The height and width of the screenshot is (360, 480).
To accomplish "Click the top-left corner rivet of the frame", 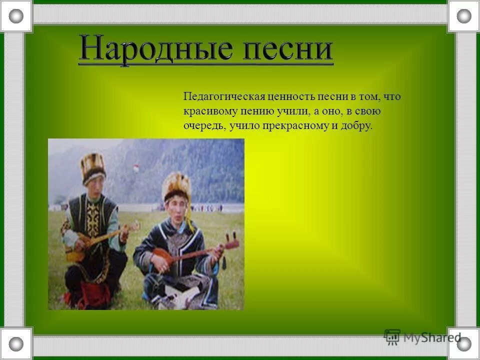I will (16, 16).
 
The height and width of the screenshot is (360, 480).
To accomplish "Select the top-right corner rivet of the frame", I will (464, 16).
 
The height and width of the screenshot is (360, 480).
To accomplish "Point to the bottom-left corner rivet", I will (16, 343).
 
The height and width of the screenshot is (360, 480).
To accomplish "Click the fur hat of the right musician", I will (177, 186).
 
